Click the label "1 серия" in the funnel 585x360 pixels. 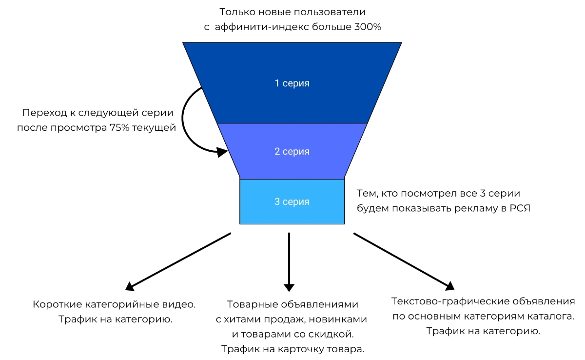292,83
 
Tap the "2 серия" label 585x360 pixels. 292,151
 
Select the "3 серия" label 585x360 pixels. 292,201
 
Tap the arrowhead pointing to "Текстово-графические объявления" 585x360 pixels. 450,286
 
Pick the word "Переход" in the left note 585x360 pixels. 46,113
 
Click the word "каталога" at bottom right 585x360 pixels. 550,316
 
